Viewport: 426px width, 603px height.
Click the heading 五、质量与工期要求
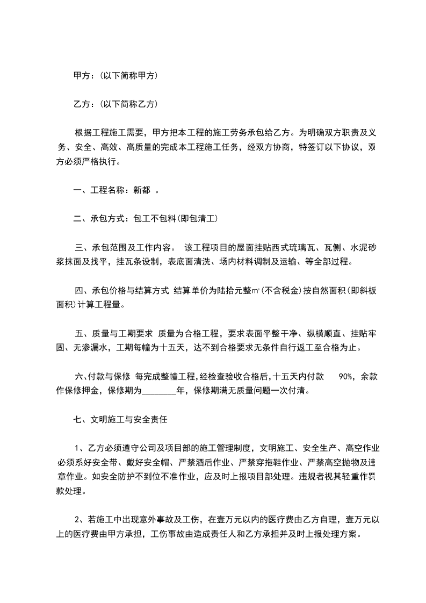(114, 333)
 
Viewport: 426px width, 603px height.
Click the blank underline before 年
(158, 391)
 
